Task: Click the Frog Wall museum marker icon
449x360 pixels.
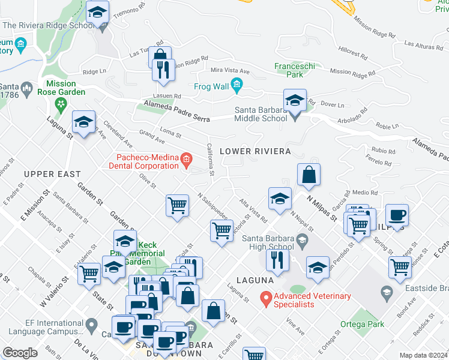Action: (237, 86)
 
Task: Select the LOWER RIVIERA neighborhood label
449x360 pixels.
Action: (255, 151)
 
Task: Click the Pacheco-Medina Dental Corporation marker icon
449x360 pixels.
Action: (186, 160)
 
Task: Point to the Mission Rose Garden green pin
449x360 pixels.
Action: (60, 104)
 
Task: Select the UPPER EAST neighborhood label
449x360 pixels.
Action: (52, 174)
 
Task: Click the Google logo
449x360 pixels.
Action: (20, 352)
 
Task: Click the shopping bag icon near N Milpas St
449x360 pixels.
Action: (309, 175)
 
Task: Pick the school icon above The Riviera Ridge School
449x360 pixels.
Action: (97, 12)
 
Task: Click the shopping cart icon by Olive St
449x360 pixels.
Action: (178, 205)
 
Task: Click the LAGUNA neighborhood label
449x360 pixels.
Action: (263, 280)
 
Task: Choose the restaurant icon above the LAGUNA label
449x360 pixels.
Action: (277, 259)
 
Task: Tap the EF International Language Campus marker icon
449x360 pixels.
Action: (91, 326)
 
